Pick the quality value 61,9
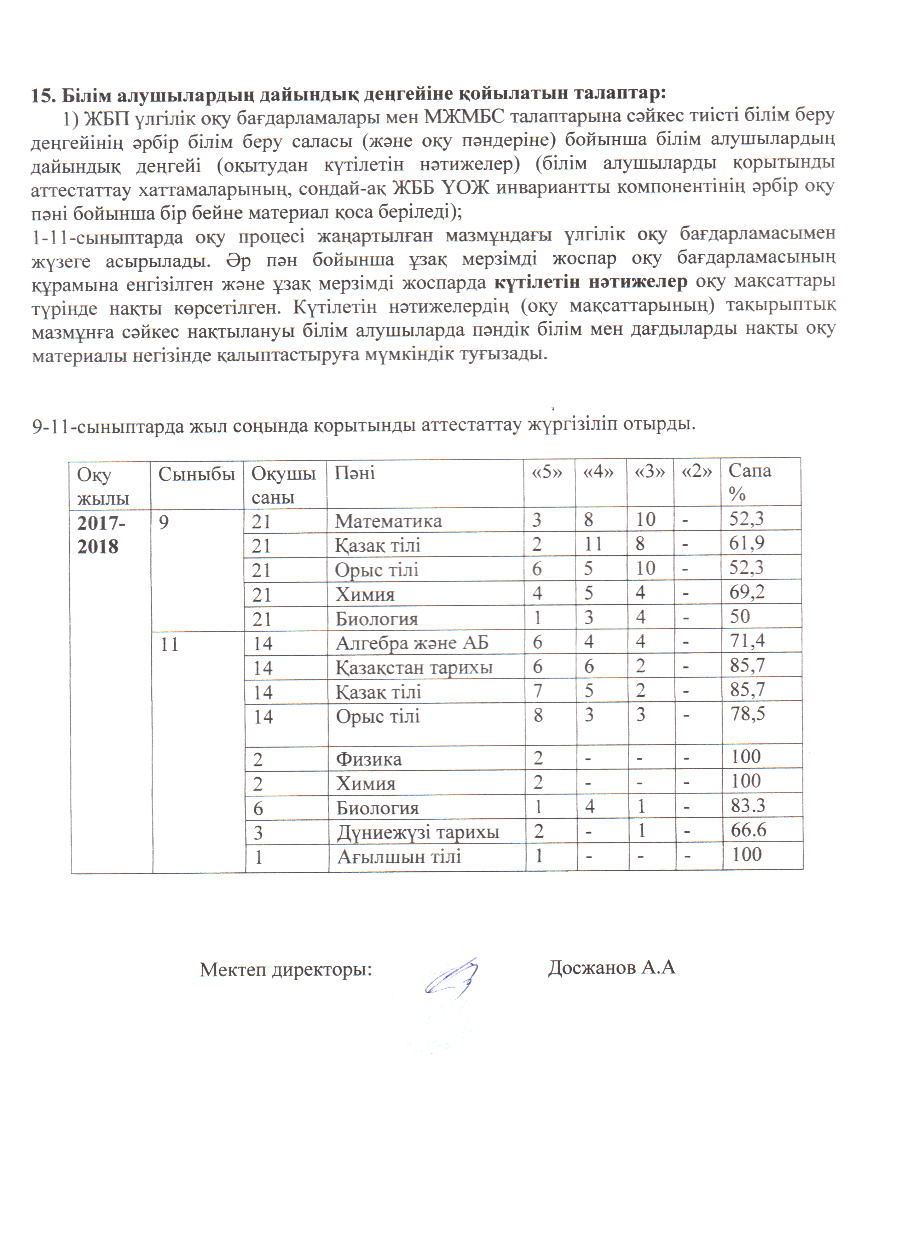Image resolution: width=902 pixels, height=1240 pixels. pyautogui.click(x=747, y=543)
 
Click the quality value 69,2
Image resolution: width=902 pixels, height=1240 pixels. pyautogui.click(x=747, y=592)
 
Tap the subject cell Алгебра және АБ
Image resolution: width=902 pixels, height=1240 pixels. pyautogui.click(x=412, y=642)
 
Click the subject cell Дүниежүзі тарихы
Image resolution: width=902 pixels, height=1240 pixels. pyautogui.click(x=417, y=832)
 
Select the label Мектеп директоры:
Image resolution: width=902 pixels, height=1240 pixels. pyautogui.click(x=285, y=969)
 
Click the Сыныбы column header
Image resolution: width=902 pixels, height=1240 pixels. pyautogui.click(x=196, y=473)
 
